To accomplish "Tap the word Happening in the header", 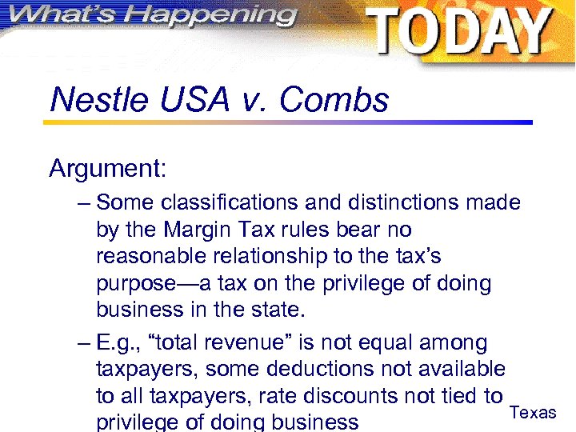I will point(213,15).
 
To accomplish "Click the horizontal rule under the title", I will point(288,122).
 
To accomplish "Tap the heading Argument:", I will point(107,169).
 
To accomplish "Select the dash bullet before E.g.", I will point(85,343).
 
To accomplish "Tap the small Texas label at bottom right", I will point(533,413).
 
